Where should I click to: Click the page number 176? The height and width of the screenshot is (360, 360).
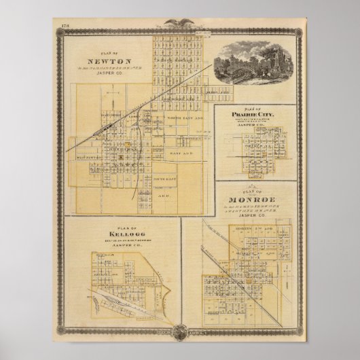(64, 27)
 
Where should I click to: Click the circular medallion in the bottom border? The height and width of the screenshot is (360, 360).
(181, 331)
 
